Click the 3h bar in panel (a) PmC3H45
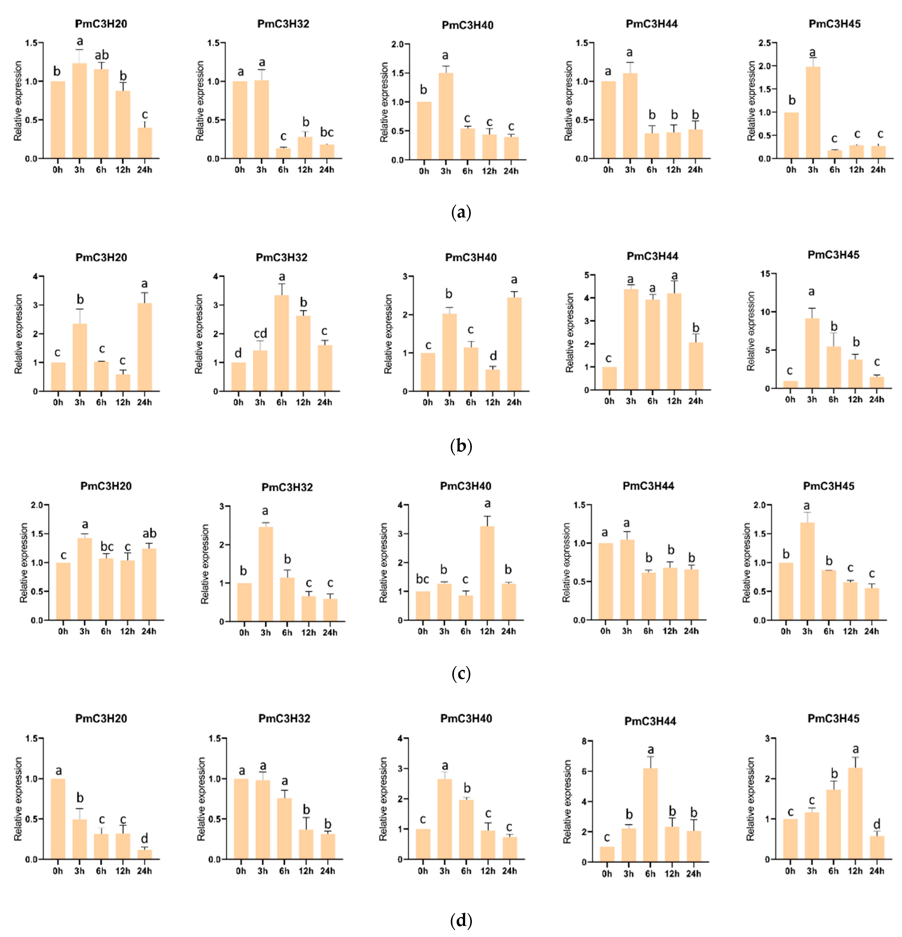pos(813,112)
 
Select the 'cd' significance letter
pos(260,333)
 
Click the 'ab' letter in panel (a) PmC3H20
pos(101,56)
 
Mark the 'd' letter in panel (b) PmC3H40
pos(493,356)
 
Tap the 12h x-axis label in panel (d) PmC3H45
pos(855,871)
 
